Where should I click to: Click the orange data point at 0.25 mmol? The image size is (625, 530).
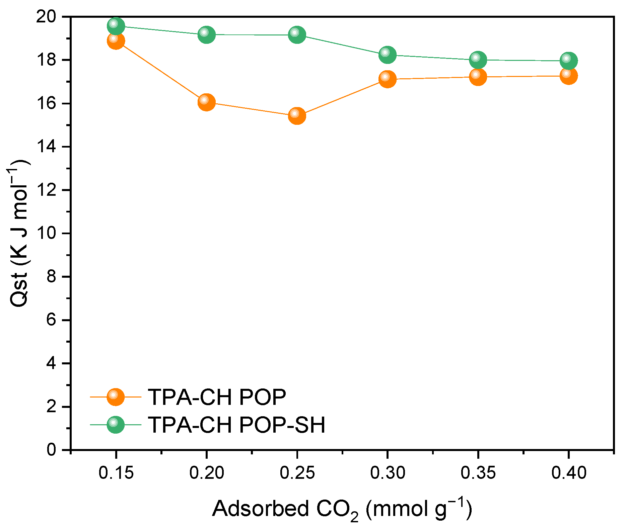pyautogui.click(x=297, y=115)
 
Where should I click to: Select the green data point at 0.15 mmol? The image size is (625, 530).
pyautogui.click(x=116, y=26)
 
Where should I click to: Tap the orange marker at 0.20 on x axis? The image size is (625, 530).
pyautogui.click(x=206, y=102)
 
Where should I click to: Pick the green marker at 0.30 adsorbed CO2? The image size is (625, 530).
pyautogui.click(x=388, y=55)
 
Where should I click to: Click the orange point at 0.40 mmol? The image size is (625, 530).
pyautogui.click(x=568, y=76)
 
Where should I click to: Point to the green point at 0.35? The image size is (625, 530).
pyautogui.click(x=478, y=60)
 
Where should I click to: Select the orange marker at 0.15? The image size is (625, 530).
pyautogui.click(x=116, y=41)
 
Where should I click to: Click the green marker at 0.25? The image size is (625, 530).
pyautogui.click(x=297, y=35)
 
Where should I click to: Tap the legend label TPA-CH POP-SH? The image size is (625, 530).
pyautogui.click(x=236, y=425)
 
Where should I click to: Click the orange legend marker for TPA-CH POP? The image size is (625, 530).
pyautogui.click(x=116, y=397)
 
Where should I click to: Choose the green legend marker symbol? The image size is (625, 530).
pyautogui.click(x=116, y=425)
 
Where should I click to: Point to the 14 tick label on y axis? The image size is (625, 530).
pyautogui.click(x=47, y=147)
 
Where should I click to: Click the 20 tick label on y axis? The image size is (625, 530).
pyautogui.click(x=47, y=17)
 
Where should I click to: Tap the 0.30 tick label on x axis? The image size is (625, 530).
pyautogui.click(x=388, y=473)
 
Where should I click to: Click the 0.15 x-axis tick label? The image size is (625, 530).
pyautogui.click(x=116, y=473)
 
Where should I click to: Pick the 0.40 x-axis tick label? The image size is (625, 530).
pyautogui.click(x=568, y=473)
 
